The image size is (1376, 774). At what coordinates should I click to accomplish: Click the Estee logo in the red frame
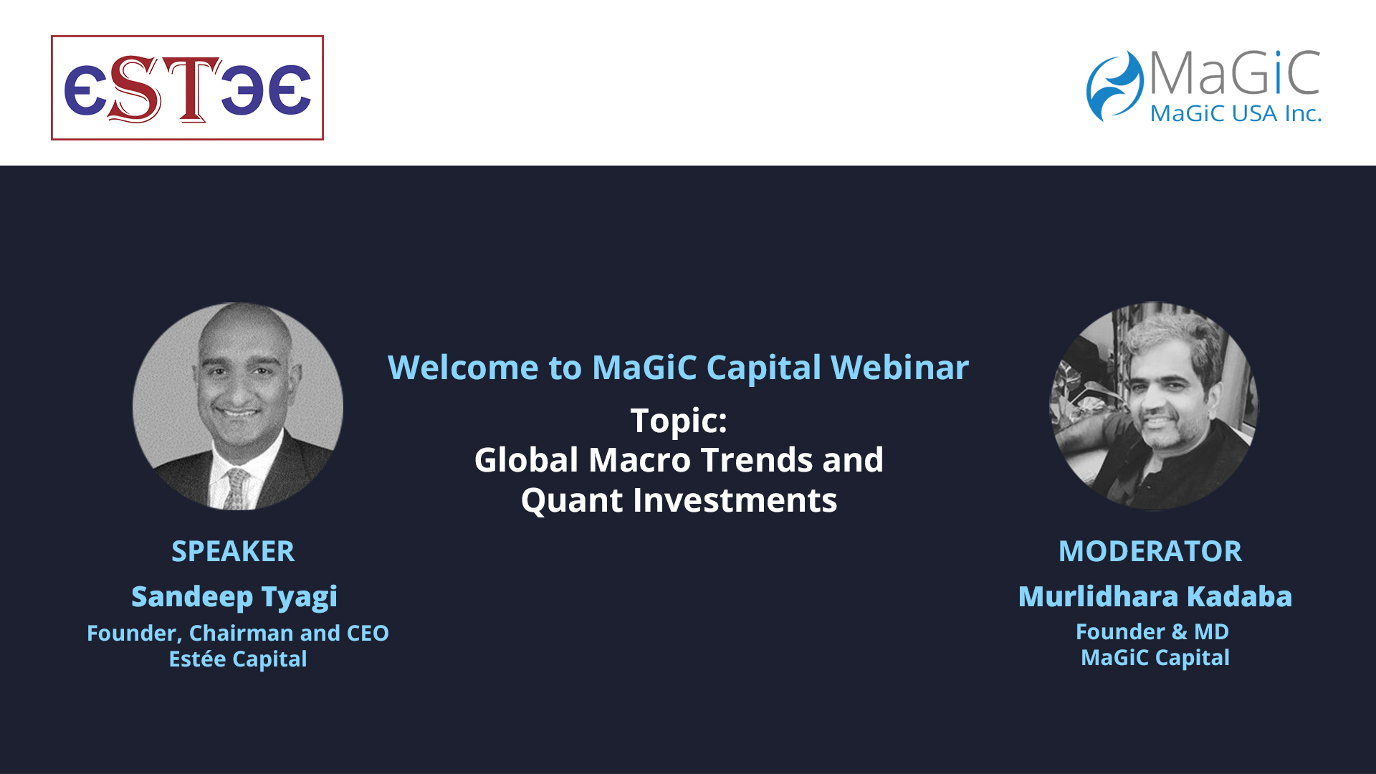pyautogui.click(x=187, y=87)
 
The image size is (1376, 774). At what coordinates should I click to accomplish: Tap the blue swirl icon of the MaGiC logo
pyautogui.click(x=1114, y=86)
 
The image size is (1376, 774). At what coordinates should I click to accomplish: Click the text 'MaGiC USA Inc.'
pyautogui.click(x=1236, y=113)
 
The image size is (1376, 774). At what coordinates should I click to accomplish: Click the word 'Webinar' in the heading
pyautogui.click(x=899, y=368)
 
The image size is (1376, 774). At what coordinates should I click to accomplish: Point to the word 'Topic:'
pyautogui.click(x=679, y=421)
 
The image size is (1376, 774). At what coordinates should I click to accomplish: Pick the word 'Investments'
pyautogui.click(x=735, y=500)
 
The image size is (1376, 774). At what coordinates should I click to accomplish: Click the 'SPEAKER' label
pyautogui.click(x=233, y=551)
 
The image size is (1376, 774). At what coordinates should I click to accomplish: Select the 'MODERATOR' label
pyautogui.click(x=1150, y=551)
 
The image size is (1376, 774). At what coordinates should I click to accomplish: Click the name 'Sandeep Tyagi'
pyautogui.click(x=234, y=597)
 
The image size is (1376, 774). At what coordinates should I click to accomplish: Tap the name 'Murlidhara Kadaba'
pyautogui.click(x=1155, y=596)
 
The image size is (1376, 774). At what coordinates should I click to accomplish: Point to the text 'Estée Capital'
pyautogui.click(x=238, y=659)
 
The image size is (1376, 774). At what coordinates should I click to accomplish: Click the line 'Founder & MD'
pyautogui.click(x=1152, y=631)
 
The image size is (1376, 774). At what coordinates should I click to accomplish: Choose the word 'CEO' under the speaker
pyautogui.click(x=368, y=634)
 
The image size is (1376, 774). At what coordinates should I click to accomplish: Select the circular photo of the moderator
pyautogui.click(x=1153, y=406)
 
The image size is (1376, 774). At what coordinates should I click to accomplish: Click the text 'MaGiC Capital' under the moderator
pyautogui.click(x=1155, y=658)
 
